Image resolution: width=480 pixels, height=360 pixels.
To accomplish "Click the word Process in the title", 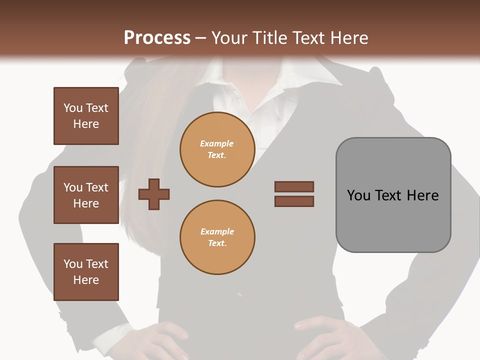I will coord(157,37).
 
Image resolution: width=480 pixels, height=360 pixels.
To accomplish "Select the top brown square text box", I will coord(86,116).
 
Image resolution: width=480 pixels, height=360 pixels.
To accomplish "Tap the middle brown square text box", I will coord(86,195).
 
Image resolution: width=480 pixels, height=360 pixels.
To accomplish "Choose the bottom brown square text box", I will coord(86,272).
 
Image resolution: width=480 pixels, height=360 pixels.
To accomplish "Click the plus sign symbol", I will coord(154,194).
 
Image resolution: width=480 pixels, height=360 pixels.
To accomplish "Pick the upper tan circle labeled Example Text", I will coord(217,149).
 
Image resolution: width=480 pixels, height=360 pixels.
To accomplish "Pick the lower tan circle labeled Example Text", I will coord(217,237).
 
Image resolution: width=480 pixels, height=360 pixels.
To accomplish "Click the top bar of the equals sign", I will coord(294,186).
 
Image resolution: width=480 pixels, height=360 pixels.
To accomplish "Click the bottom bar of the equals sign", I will coord(294,201).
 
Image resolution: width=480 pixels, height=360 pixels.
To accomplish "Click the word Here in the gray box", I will coord(422,195).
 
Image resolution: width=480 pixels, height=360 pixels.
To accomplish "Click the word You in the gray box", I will coord(359,195).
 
